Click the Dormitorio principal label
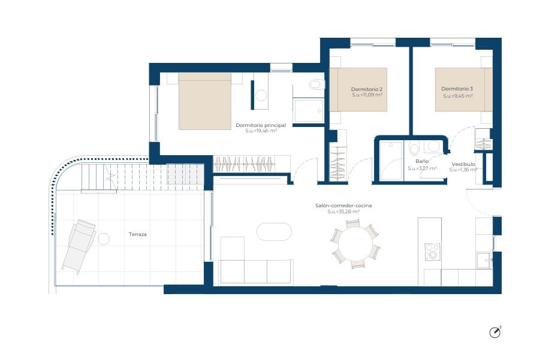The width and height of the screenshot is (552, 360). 261,125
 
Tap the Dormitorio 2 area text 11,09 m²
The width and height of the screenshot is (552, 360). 367,95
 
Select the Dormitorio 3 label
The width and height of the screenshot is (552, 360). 457,89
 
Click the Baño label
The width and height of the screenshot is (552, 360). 421,162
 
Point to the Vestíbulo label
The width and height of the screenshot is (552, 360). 463,164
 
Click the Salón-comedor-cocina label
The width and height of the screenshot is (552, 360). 343,205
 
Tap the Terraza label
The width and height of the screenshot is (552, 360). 137,234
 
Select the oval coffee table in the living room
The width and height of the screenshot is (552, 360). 274,232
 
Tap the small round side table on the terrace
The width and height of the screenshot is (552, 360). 104,239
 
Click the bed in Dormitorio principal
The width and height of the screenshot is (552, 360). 205,101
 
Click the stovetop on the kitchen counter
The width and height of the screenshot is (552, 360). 432,252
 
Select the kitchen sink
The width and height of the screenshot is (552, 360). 484,260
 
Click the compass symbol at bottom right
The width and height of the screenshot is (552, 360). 494,332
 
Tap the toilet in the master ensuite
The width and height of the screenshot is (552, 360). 317,84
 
